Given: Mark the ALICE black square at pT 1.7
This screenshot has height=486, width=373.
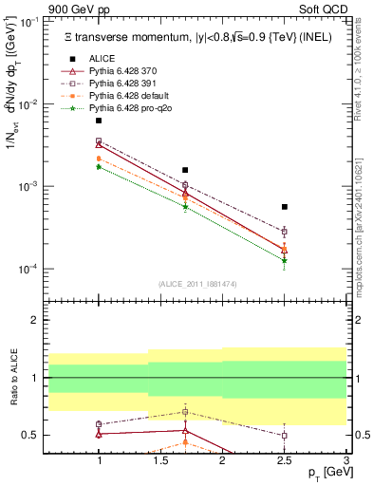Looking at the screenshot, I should [185, 170].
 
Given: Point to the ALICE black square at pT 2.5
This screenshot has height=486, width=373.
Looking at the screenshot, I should [284, 207].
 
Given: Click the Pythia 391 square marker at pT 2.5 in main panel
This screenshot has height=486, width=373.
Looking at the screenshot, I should [284, 231].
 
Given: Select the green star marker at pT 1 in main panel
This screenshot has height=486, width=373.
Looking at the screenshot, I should [99, 166].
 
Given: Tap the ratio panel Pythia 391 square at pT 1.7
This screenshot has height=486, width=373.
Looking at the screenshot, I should [185, 412].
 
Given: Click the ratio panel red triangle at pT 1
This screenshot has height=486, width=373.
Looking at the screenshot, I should [99, 434].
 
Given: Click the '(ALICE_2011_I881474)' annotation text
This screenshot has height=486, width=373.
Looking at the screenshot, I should [196, 284].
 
